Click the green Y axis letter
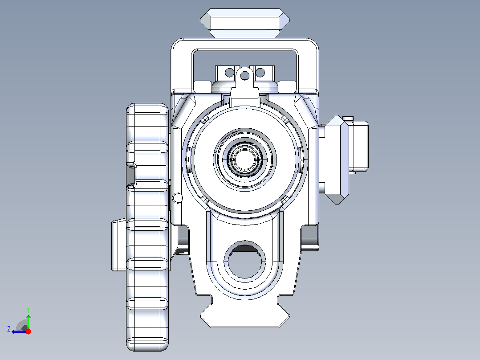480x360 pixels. coord(28,310)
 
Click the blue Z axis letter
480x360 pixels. coord(9,329)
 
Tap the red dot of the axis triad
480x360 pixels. coord(28,331)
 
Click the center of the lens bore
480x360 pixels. coord(244,160)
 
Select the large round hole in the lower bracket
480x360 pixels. coord(245,260)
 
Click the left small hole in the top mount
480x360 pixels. coord(229,73)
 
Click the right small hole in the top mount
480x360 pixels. coord(260,73)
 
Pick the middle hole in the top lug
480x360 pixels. coord(244,75)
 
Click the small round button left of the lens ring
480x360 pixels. coord(177,198)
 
